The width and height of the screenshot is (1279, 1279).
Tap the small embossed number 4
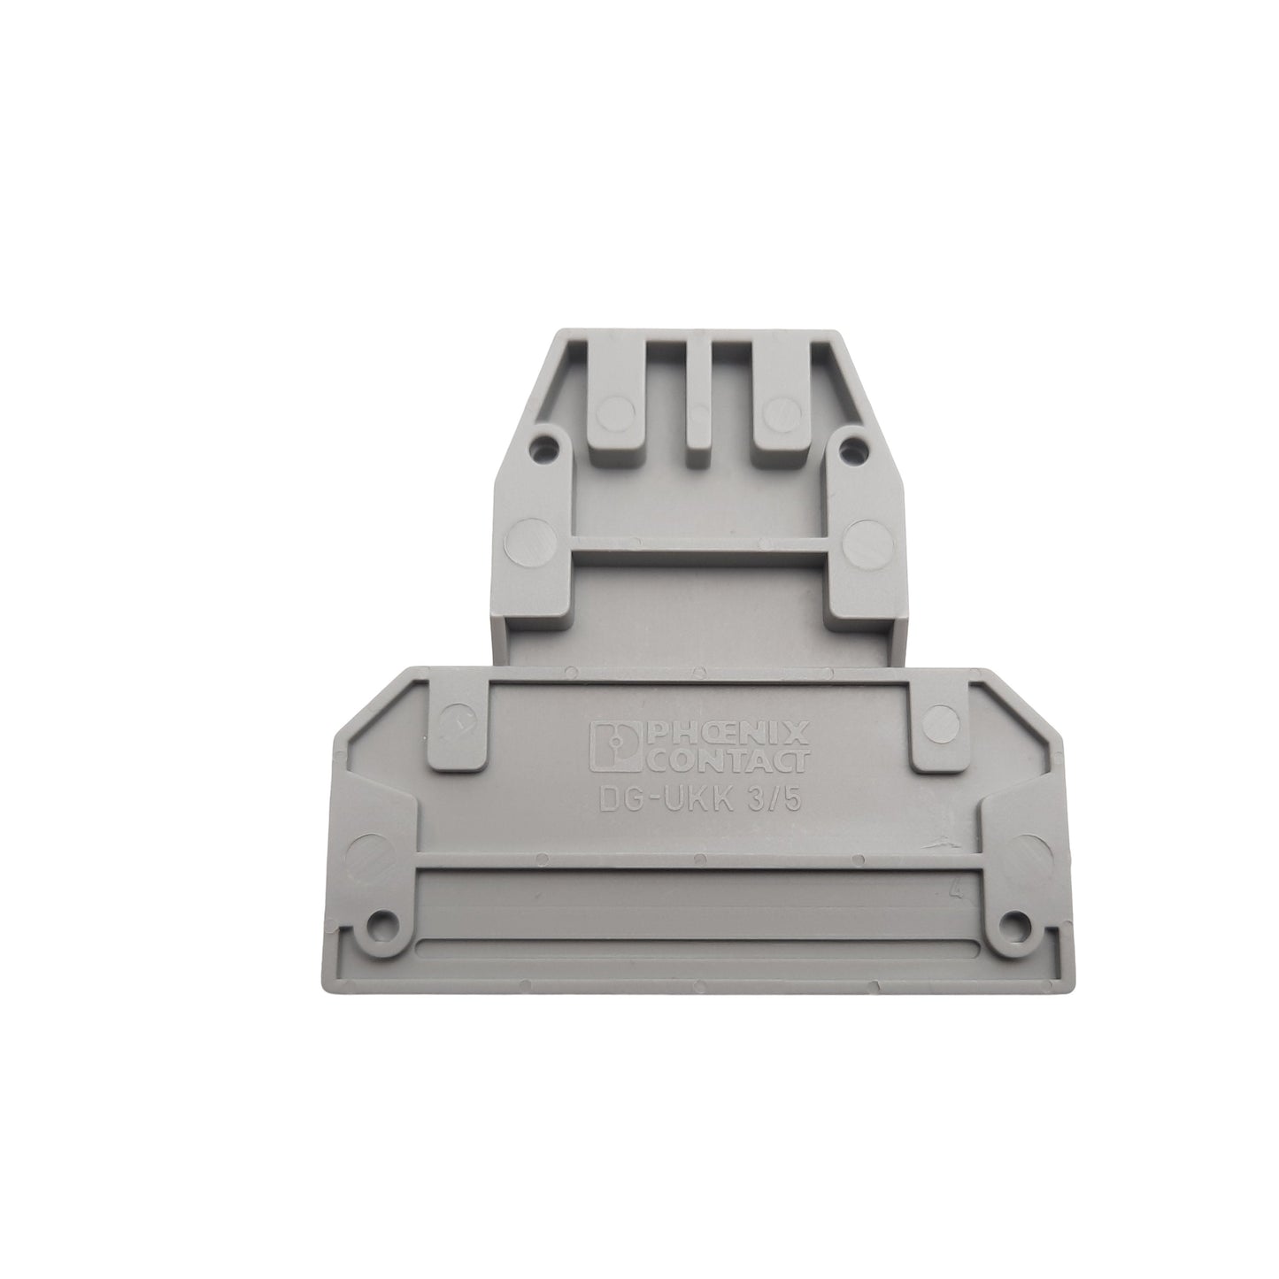956,891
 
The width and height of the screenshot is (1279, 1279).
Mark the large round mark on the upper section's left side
527,540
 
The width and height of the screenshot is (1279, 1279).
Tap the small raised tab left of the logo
458,721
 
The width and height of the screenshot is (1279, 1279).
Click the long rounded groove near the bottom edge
697,949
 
